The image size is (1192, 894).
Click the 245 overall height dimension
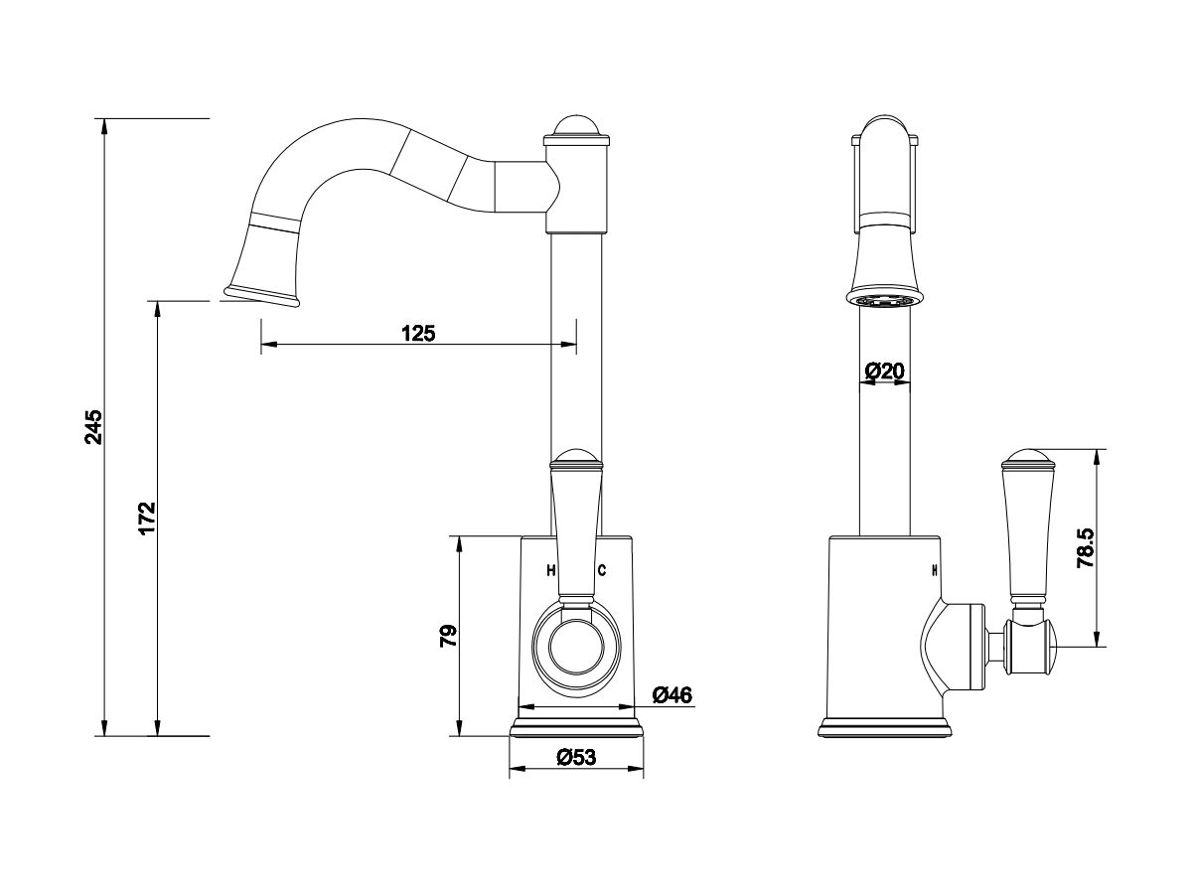click(x=94, y=427)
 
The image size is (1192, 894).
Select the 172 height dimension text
click(x=147, y=519)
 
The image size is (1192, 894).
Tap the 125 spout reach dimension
click(x=418, y=333)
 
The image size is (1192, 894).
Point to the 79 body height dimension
click(x=449, y=636)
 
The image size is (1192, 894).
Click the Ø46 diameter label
click(x=672, y=695)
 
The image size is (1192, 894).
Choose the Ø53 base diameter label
click(x=576, y=757)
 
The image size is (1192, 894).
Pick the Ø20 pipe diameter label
click(x=884, y=372)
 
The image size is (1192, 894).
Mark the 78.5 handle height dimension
click(x=1086, y=548)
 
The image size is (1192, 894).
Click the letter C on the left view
click(x=602, y=570)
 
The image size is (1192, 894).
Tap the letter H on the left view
click(x=551, y=570)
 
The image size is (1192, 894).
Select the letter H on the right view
click(x=935, y=570)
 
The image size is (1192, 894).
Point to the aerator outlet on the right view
click(x=884, y=300)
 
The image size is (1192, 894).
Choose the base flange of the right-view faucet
click(x=884, y=727)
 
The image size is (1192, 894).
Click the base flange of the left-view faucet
click(x=576, y=727)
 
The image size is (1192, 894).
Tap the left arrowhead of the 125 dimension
click(x=269, y=344)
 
